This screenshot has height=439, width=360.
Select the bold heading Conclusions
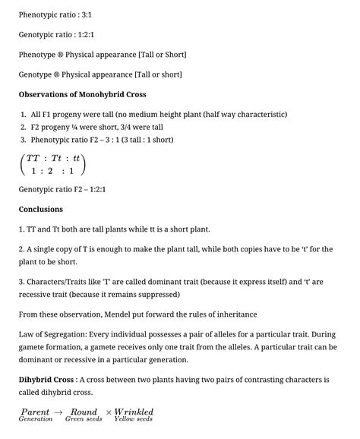[40, 209]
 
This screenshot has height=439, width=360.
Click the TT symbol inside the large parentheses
[33, 158]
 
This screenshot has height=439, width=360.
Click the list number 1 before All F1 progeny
[24, 114]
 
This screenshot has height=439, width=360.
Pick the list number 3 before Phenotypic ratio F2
[24, 140]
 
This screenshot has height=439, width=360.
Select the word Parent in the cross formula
[35, 412]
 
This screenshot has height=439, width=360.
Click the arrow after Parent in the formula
[59, 412]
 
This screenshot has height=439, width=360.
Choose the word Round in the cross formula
[83, 412]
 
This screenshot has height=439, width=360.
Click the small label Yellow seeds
[134, 419]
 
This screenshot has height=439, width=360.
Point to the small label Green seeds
[84, 419]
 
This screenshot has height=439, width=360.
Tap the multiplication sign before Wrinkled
[109, 412]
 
